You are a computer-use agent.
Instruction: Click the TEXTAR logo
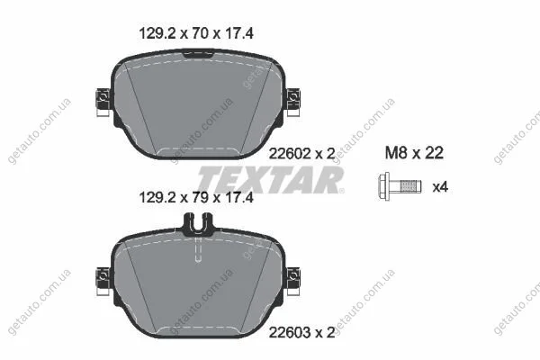271,180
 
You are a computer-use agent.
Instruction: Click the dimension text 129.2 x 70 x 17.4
196,33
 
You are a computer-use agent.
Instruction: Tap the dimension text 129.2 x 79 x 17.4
196,198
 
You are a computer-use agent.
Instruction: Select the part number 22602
290,154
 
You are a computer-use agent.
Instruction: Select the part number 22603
290,332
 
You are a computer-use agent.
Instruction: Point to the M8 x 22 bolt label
414,153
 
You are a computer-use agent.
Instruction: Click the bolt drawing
400,186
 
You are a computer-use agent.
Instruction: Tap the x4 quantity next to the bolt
440,187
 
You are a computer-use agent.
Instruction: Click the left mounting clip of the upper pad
103,103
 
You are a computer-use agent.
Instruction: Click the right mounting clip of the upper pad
293,103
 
